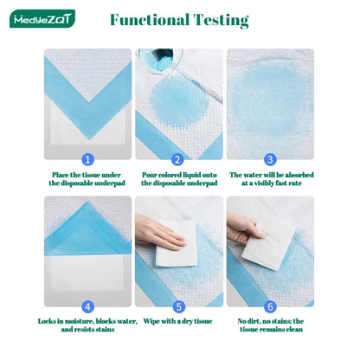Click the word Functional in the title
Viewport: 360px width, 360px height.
point(149,20)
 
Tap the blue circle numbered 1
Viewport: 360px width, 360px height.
point(87,159)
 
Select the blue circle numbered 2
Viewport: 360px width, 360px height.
point(177,159)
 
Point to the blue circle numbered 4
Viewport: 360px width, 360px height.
point(87,306)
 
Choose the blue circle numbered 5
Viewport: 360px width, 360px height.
point(177,306)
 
